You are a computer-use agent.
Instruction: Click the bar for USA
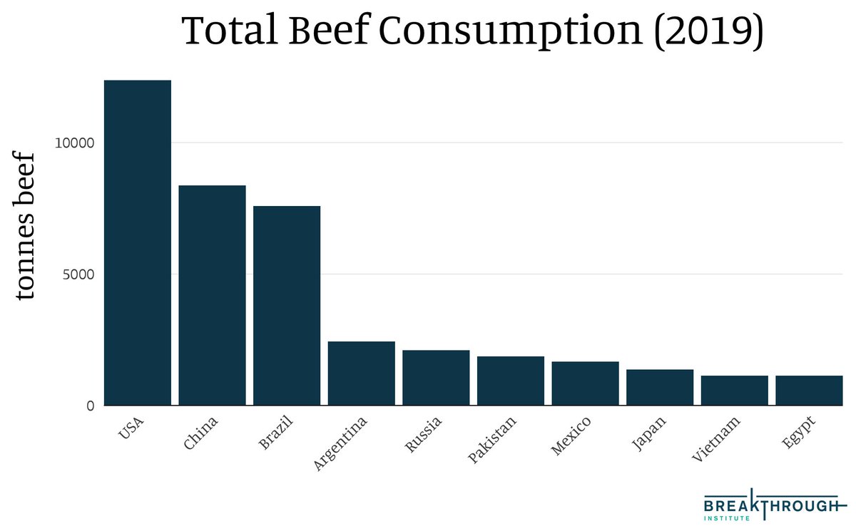[138, 242]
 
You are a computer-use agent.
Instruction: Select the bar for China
[212, 295]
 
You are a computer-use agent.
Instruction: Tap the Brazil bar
[287, 306]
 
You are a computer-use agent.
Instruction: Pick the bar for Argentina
[362, 373]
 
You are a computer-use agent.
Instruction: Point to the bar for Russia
[436, 378]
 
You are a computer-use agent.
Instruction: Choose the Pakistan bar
[511, 381]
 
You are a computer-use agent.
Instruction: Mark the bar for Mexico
[585, 383]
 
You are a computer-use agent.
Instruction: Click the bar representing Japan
[660, 387]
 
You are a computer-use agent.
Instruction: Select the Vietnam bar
[734, 390]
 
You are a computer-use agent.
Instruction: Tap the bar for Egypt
[809, 390]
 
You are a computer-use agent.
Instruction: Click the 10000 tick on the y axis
[74, 143]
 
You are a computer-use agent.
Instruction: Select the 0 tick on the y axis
[90, 406]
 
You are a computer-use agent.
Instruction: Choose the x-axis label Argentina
[341, 443]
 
